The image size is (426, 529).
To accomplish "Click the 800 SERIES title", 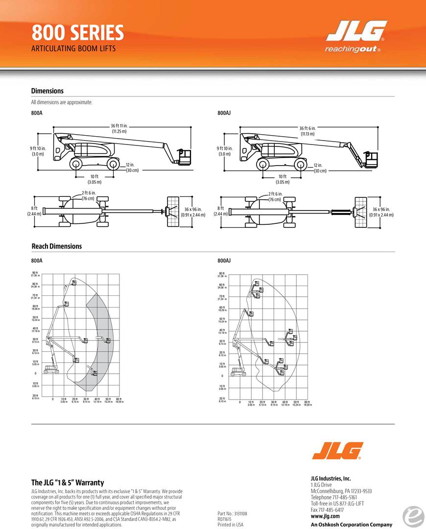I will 77,33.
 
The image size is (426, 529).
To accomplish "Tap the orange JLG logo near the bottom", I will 338,451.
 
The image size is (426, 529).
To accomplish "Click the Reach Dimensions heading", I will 57,246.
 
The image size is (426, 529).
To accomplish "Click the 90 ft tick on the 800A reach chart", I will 35,273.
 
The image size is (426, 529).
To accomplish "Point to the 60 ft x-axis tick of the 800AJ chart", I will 307,402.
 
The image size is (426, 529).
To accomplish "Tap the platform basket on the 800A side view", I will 185,156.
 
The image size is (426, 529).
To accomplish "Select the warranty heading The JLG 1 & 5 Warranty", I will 68,483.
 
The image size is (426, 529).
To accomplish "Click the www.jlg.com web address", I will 325,516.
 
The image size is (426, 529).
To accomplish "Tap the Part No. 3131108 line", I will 232,514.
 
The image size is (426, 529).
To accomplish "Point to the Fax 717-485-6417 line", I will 327,510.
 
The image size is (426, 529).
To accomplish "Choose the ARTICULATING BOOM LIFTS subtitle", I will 73,49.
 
